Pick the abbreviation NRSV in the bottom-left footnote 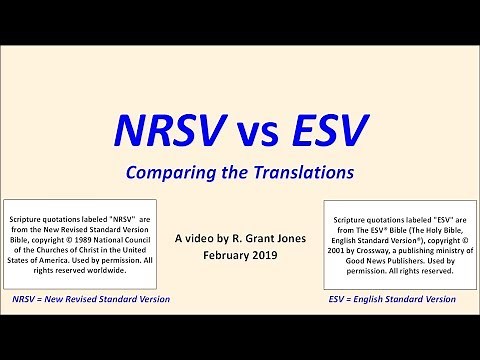pos(27,299)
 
